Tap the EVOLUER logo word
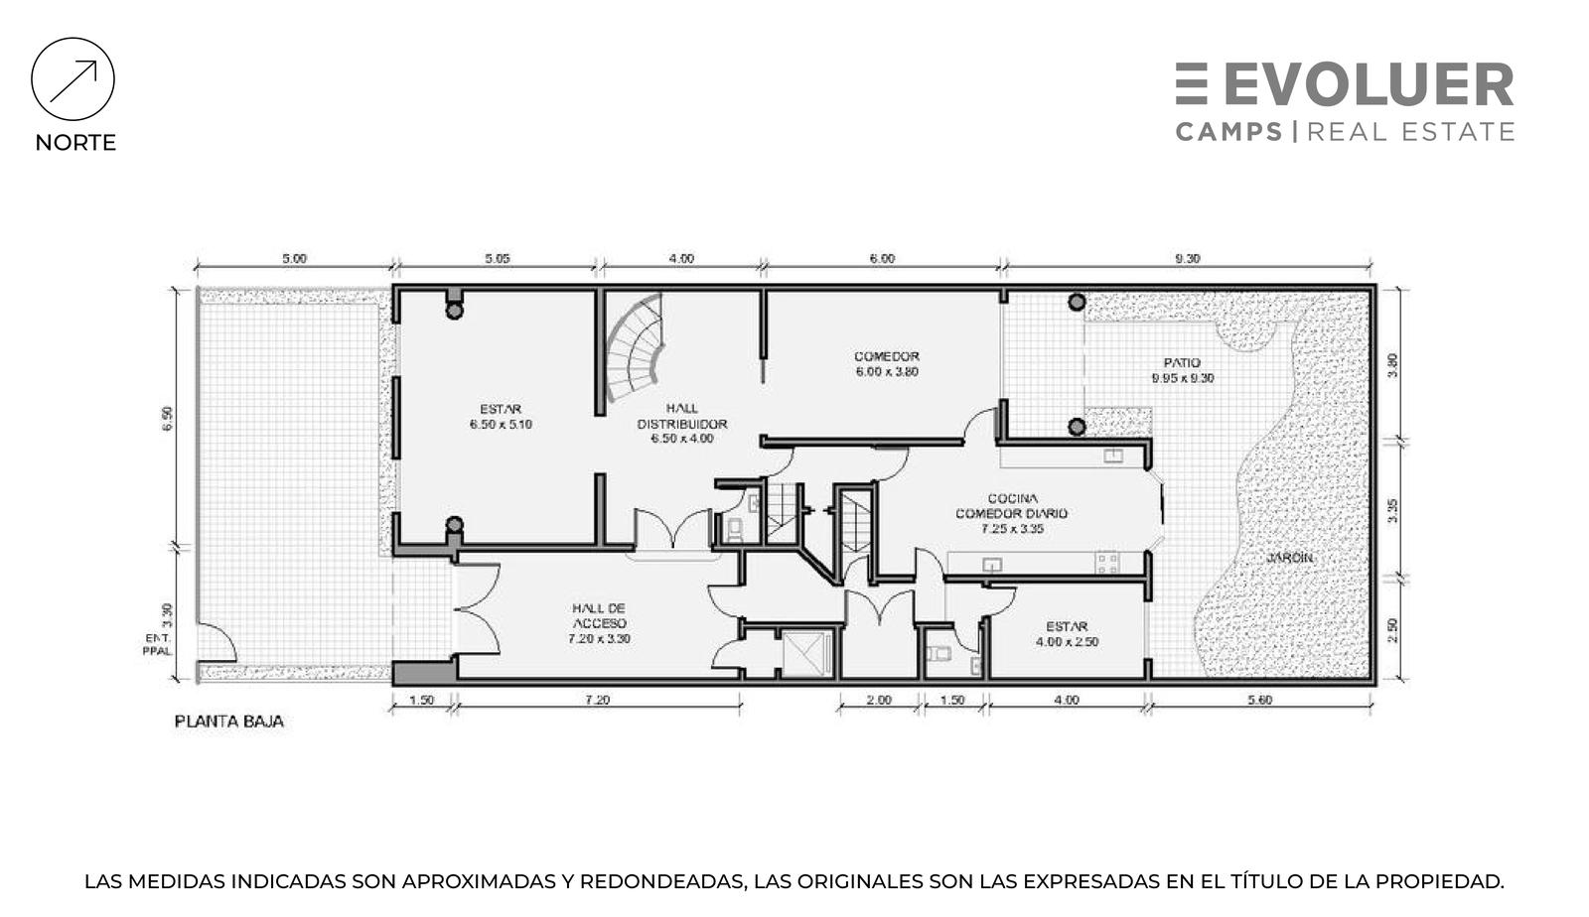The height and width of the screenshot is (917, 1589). (x=1370, y=84)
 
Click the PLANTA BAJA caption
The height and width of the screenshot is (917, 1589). (x=229, y=721)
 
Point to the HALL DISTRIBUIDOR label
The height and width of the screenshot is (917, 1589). (x=681, y=424)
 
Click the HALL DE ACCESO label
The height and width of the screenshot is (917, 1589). (x=600, y=623)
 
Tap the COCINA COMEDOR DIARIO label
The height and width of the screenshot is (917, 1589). (x=1012, y=513)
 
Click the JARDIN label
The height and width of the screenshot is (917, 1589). (x=1290, y=558)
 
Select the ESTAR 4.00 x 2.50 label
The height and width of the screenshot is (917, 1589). (x=1067, y=634)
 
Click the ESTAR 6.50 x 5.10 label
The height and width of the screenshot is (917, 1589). (x=501, y=417)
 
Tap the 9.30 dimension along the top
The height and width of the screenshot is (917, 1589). (x=1188, y=259)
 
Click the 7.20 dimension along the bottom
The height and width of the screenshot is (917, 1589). (x=597, y=700)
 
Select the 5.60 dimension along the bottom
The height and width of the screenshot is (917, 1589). (x=1260, y=700)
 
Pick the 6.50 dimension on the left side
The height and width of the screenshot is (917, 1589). (x=168, y=418)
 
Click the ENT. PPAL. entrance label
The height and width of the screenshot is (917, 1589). (x=158, y=644)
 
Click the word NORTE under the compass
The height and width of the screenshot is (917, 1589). (x=75, y=143)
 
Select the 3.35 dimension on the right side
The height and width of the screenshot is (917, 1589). (x=1392, y=511)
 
